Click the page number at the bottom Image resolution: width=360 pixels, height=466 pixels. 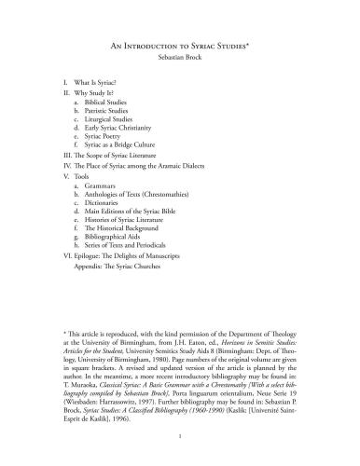click(180, 434)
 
